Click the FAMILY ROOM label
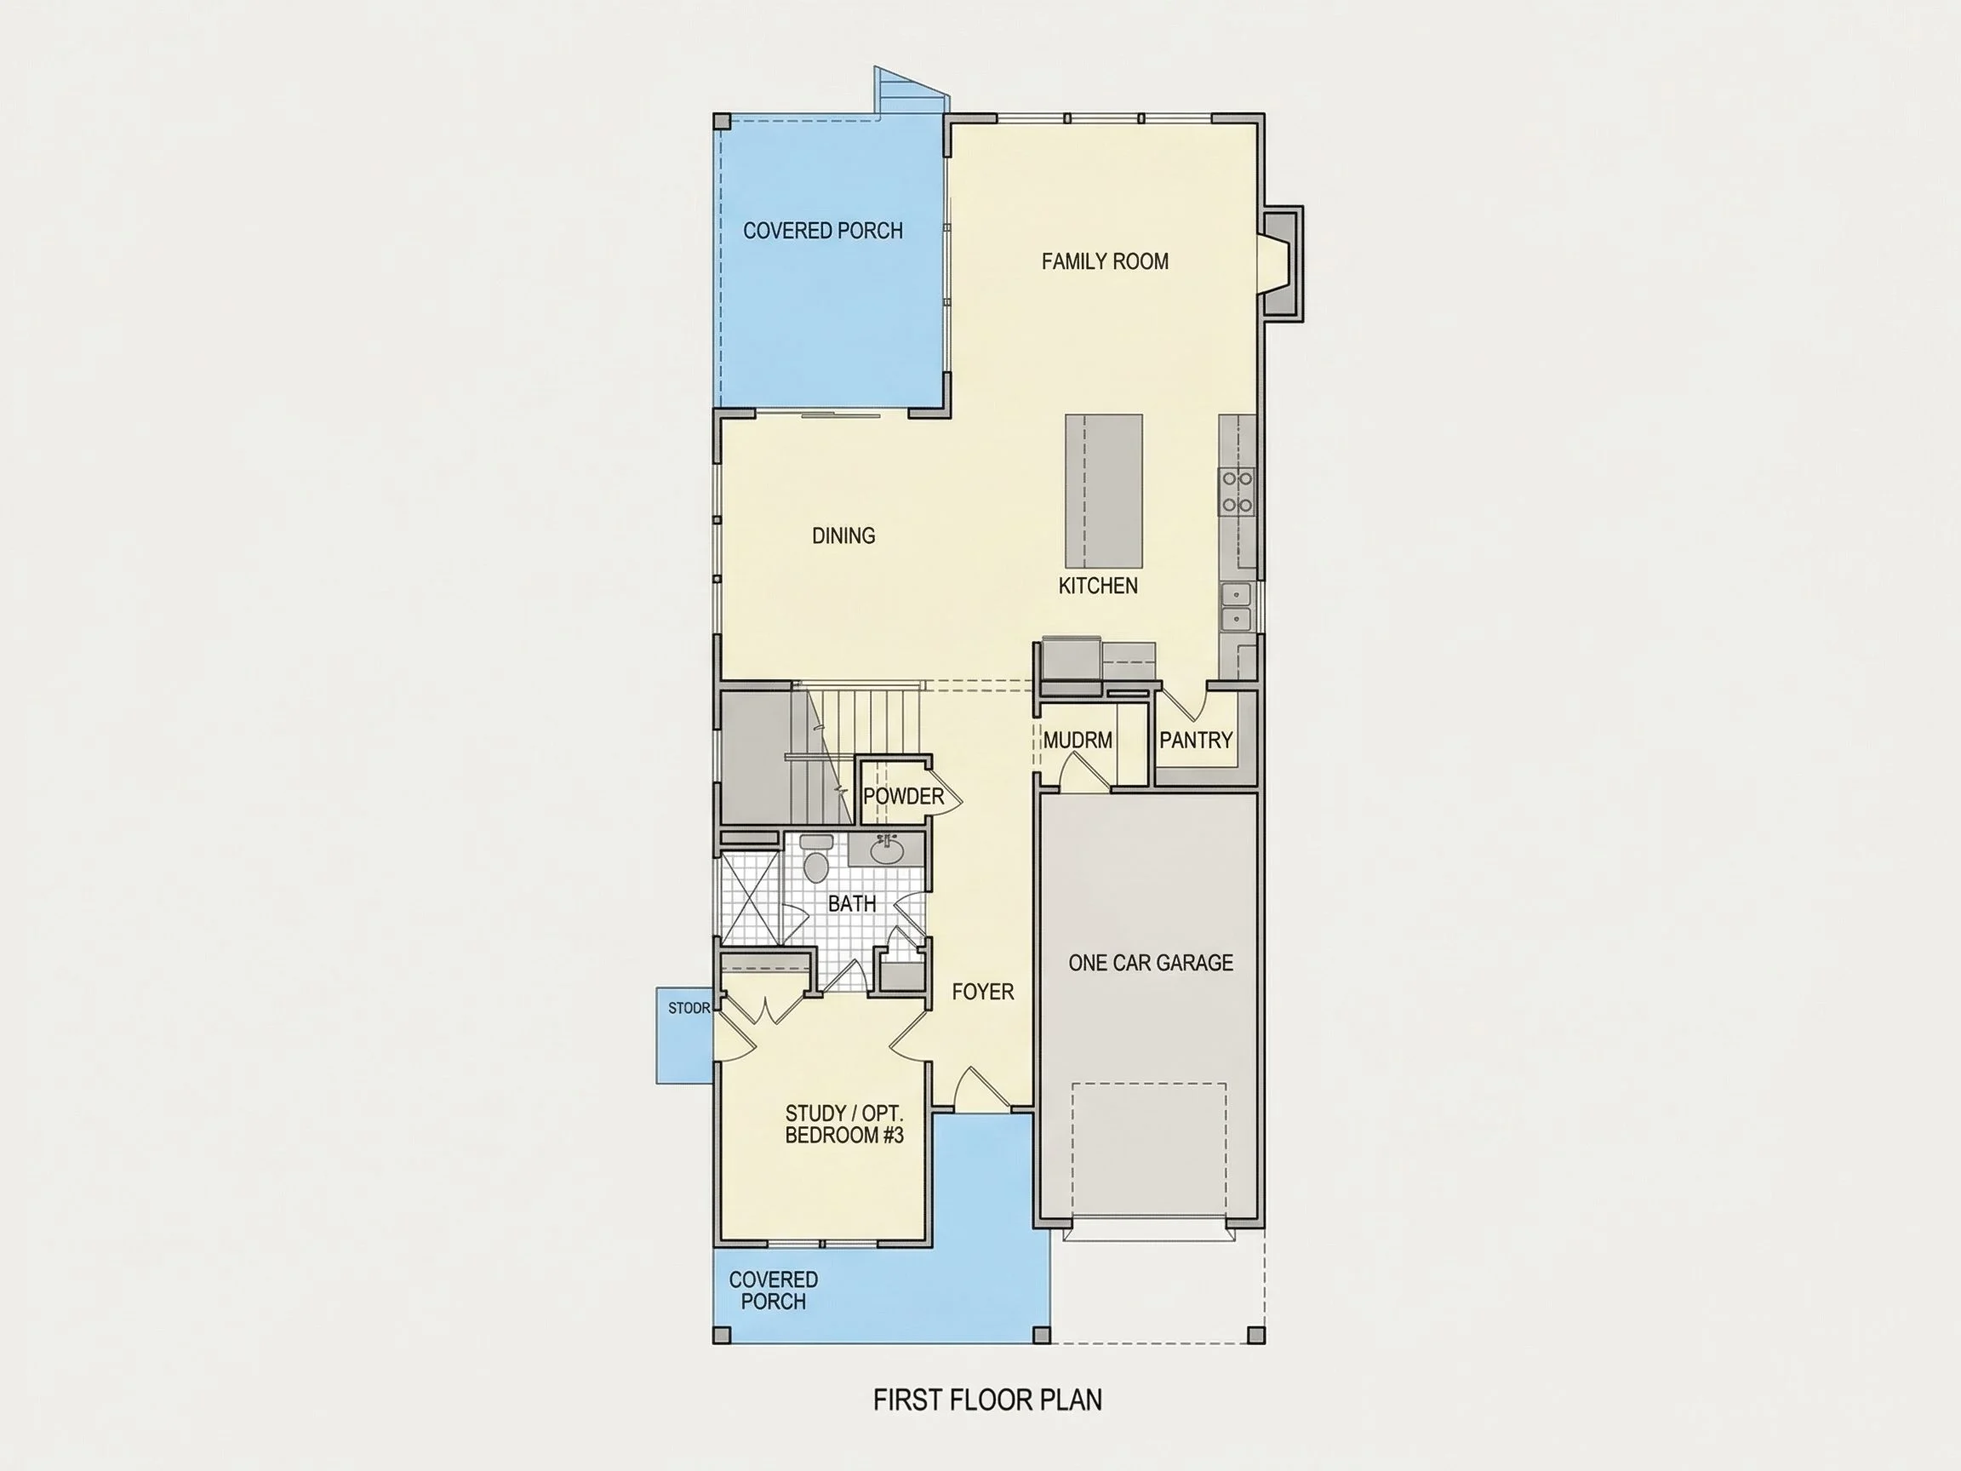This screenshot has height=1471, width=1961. tap(1105, 261)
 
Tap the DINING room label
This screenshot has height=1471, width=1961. tap(843, 535)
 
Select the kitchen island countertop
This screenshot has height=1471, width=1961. tap(1104, 490)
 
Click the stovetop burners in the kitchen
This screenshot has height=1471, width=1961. tap(1238, 492)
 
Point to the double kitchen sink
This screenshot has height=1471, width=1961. tap(1236, 606)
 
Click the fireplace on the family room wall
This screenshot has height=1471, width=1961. tap(1280, 263)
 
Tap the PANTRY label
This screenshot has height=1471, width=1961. tap(1196, 740)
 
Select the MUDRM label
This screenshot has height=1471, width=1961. tap(1078, 740)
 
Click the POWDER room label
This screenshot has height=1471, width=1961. tap(903, 796)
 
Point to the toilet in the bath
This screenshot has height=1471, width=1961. tap(815, 859)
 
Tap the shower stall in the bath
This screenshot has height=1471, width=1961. tap(750, 898)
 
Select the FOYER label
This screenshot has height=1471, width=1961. tap(982, 991)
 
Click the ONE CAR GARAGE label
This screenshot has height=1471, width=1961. tap(1151, 963)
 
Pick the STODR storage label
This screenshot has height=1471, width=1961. tap(689, 1008)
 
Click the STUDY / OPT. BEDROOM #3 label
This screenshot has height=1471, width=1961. tap(844, 1125)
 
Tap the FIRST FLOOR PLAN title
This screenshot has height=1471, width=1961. tap(987, 1400)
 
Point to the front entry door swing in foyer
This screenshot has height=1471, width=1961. tap(981, 1088)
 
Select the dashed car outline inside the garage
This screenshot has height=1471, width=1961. tap(1149, 1152)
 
